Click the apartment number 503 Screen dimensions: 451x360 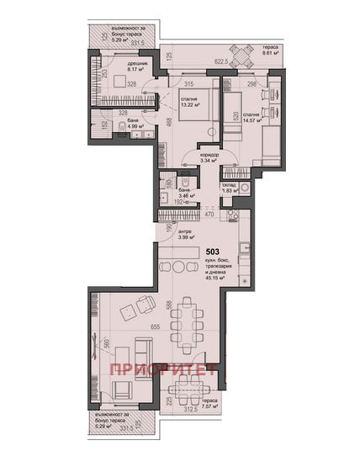(214, 251)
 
